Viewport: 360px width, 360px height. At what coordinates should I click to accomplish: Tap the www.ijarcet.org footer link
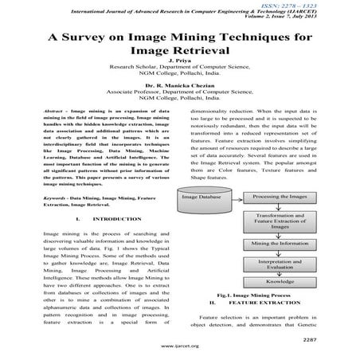tap(180, 348)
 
